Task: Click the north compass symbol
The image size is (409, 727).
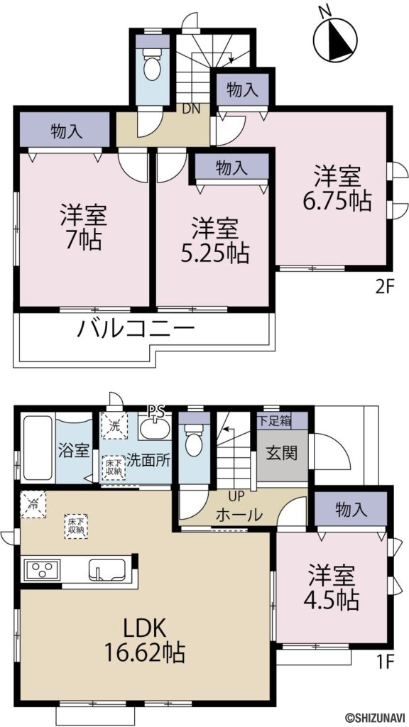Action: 336,37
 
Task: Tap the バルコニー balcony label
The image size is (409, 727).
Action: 134,330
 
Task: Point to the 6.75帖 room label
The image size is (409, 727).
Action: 337,189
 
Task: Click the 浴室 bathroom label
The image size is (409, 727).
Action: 73,451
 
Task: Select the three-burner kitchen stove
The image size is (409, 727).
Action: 42,569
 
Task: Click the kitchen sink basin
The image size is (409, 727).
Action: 107,569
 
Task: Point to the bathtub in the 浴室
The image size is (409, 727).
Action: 37,449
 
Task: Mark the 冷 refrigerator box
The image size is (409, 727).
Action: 33,504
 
